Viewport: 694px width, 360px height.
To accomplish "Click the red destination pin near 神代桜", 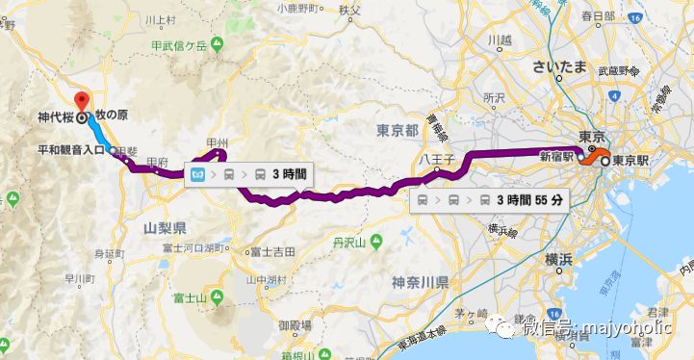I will (82, 101).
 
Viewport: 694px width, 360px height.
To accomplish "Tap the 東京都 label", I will (396, 130).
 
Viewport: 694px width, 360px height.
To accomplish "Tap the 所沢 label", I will (493, 98).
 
